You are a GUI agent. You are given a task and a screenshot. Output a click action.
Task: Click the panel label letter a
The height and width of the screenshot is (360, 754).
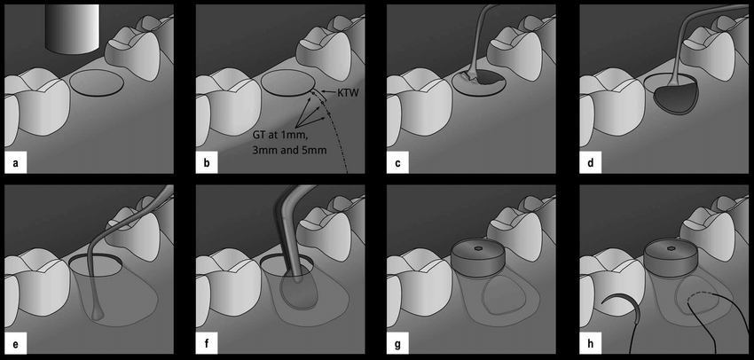coord(15,163)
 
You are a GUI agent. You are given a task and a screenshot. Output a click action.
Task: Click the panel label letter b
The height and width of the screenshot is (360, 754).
coord(206,163)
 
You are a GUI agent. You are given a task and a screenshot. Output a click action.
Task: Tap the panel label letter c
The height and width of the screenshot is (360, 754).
coord(398,163)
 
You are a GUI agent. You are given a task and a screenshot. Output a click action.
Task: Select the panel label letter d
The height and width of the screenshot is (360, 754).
coord(591,163)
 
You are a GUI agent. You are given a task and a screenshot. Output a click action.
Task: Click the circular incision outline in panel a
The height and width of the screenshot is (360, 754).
coord(96,83)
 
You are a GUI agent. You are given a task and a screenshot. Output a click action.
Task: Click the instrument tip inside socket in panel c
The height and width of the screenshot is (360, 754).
coord(474,81)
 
